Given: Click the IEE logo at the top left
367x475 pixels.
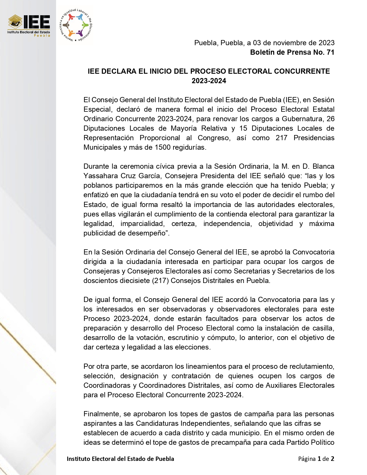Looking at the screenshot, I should click(x=29, y=25).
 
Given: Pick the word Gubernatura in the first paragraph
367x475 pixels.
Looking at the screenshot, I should click(x=302, y=119).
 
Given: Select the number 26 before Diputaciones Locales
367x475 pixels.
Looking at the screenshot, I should click(x=330, y=119).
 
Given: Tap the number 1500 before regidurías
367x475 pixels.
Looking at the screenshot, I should click(x=163, y=147).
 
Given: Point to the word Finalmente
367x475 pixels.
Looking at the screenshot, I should click(x=101, y=414).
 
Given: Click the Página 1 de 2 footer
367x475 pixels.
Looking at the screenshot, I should click(x=316, y=459).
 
